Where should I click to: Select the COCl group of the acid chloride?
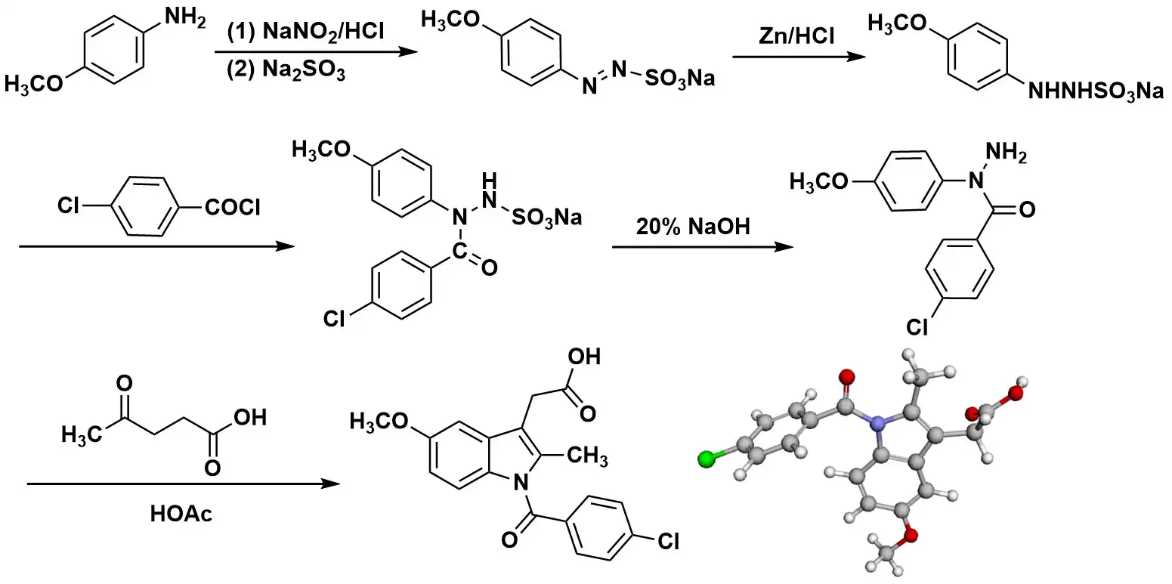point(231,207)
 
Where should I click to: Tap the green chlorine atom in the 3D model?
point(707,457)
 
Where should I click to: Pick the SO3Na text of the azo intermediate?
point(678,78)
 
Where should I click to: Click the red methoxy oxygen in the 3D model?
point(912,536)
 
